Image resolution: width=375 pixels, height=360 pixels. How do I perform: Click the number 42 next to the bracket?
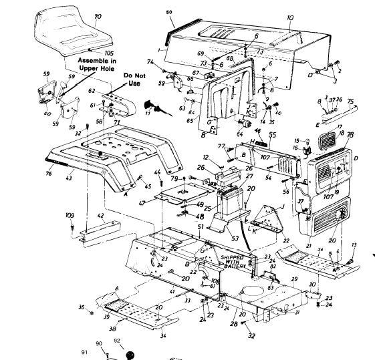tap(100, 215)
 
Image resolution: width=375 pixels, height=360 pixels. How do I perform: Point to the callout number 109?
tap(70, 216)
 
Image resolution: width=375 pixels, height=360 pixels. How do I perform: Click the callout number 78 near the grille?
tap(350, 135)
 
